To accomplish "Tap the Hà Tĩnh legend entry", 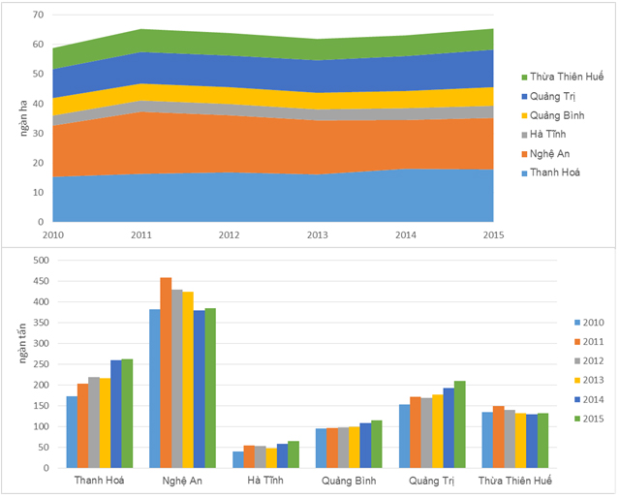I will pyautogui.click(x=545, y=135).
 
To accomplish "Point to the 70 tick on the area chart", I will pyautogui.click(x=38, y=16).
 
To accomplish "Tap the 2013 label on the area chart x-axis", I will pyautogui.click(x=318, y=233).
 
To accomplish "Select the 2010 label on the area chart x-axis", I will pyautogui.click(x=53, y=233).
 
